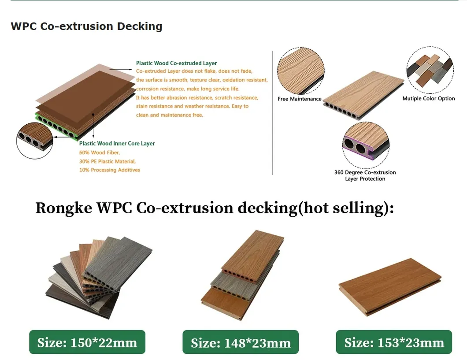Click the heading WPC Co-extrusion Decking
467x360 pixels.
tap(86, 26)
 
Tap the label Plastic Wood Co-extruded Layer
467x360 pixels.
tap(176, 63)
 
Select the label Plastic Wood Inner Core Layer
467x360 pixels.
tap(117, 144)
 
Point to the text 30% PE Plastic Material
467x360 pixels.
tap(107, 161)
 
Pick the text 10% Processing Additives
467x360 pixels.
tap(110, 170)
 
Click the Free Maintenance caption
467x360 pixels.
tap(300, 99)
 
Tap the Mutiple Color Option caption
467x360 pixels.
tap(428, 99)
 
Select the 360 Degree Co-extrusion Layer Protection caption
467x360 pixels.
tap(365, 175)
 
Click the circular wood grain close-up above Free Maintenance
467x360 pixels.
tap(300, 71)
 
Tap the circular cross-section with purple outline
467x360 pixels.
tap(366, 145)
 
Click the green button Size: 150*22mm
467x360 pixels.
tap(87, 342)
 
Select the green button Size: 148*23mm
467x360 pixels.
tap(241, 342)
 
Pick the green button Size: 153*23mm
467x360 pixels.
tap(394, 342)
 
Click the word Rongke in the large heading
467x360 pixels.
tap(66, 208)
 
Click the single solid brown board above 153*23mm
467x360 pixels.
tap(390, 286)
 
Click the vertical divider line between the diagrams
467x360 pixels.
tap(273, 113)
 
